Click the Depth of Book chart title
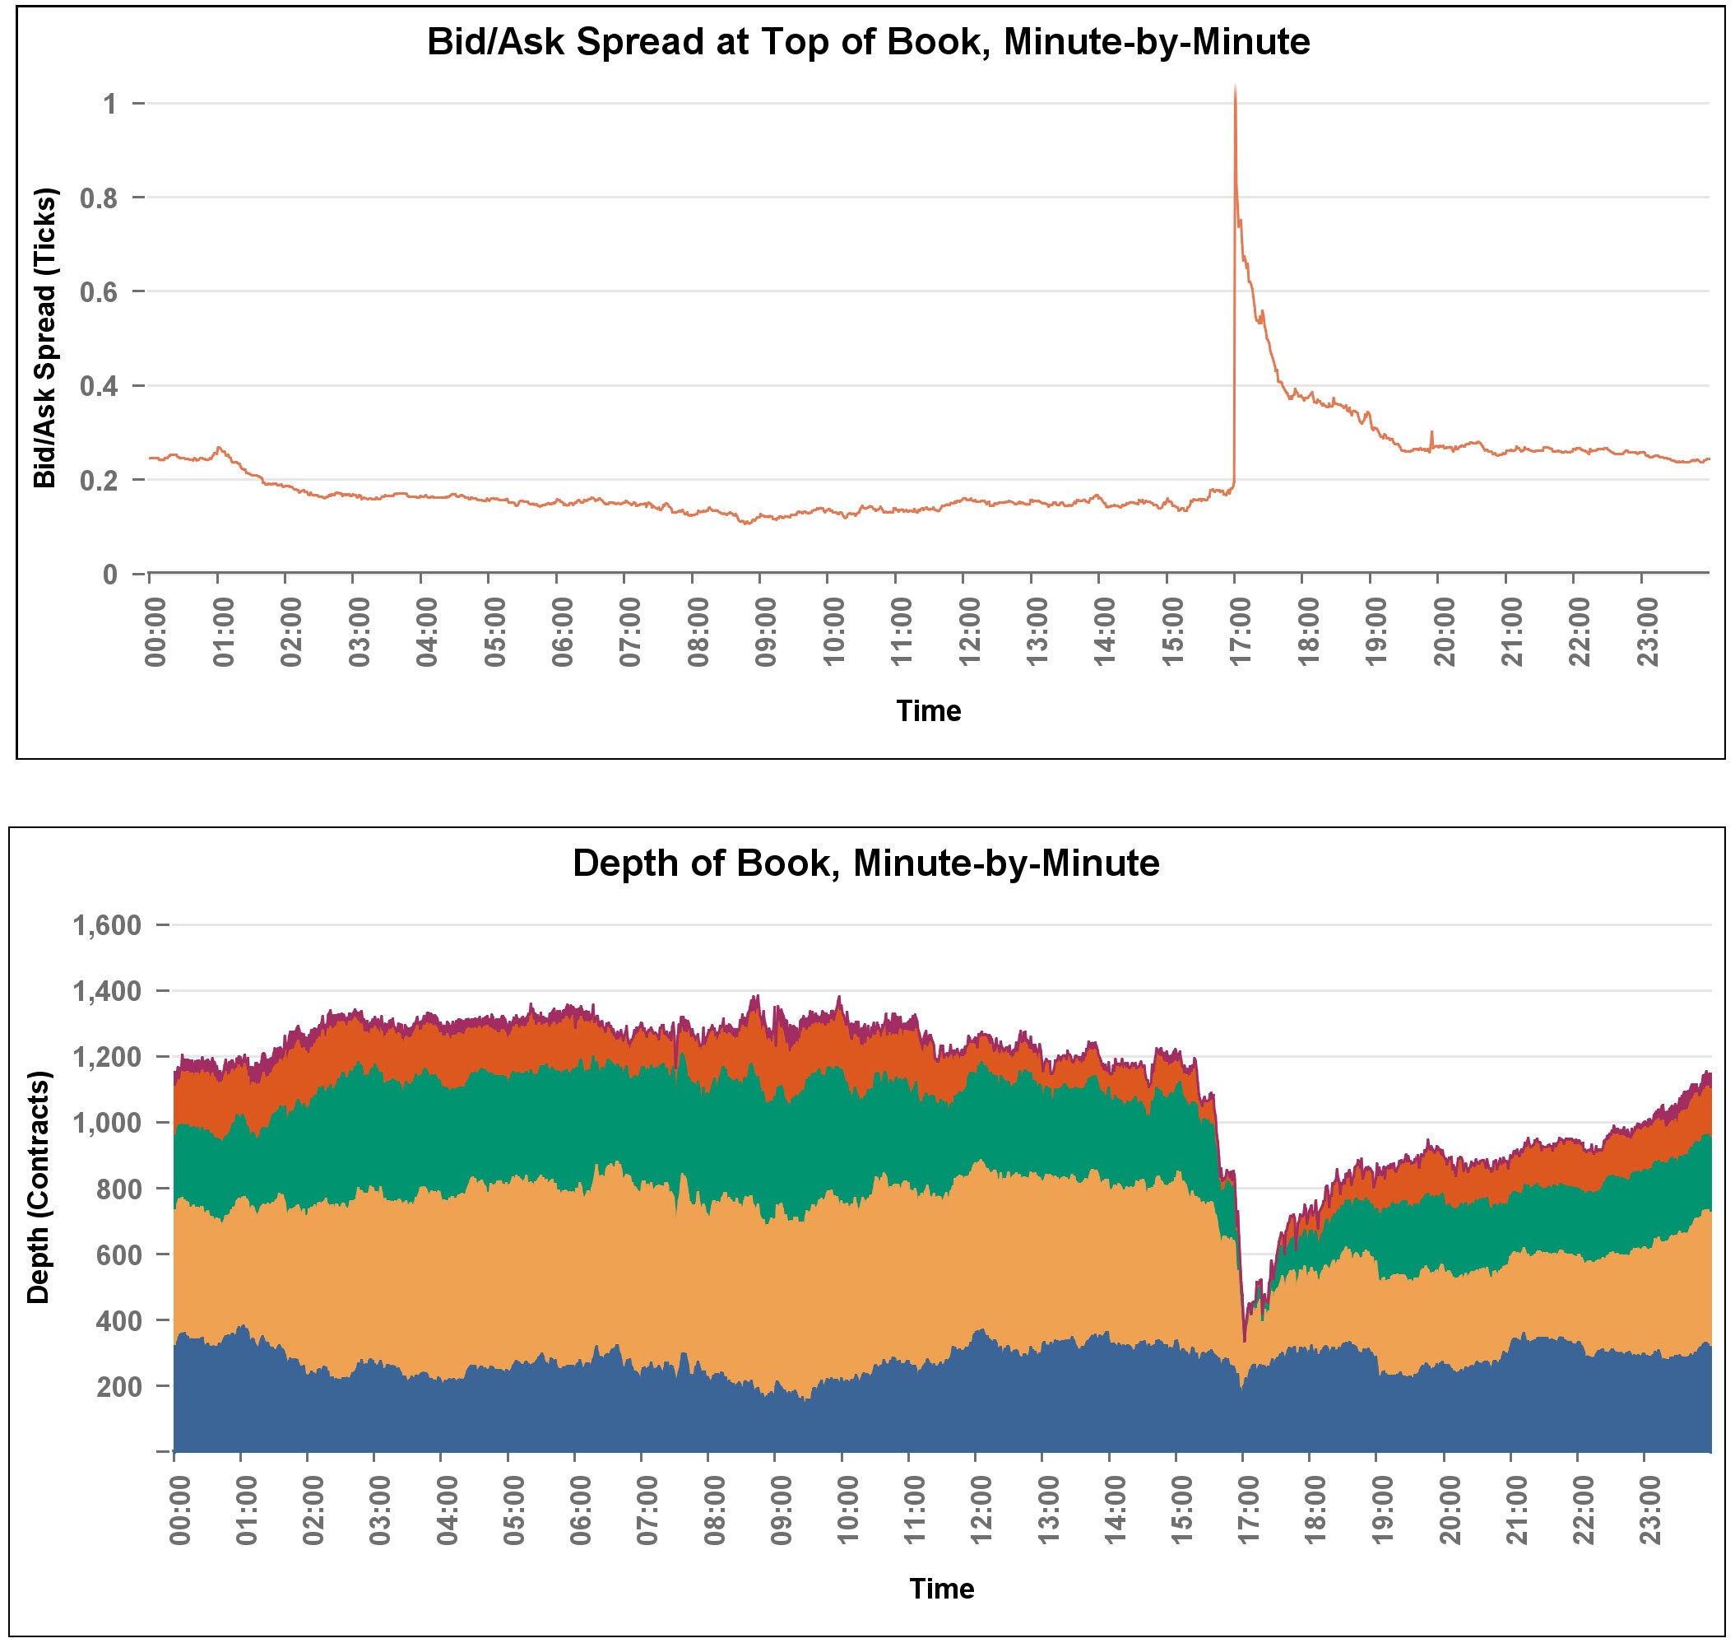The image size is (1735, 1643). point(865,863)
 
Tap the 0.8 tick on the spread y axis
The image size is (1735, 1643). point(99,198)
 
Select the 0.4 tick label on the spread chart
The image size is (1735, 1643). point(99,386)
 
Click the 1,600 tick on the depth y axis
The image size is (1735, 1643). point(108,925)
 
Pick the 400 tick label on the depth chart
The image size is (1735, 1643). point(118,1320)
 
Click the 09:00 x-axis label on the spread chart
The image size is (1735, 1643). point(766,631)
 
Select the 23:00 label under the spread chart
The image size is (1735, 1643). point(1649,631)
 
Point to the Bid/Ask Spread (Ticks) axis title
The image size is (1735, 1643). point(44,338)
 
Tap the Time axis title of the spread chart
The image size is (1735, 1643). point(928,710)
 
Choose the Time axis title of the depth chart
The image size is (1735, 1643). point(941,1589)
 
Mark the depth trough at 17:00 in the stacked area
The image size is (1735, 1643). point(1244,1340)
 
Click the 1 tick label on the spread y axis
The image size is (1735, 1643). point(109,105)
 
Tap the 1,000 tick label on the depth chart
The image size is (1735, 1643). point(108,1123)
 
